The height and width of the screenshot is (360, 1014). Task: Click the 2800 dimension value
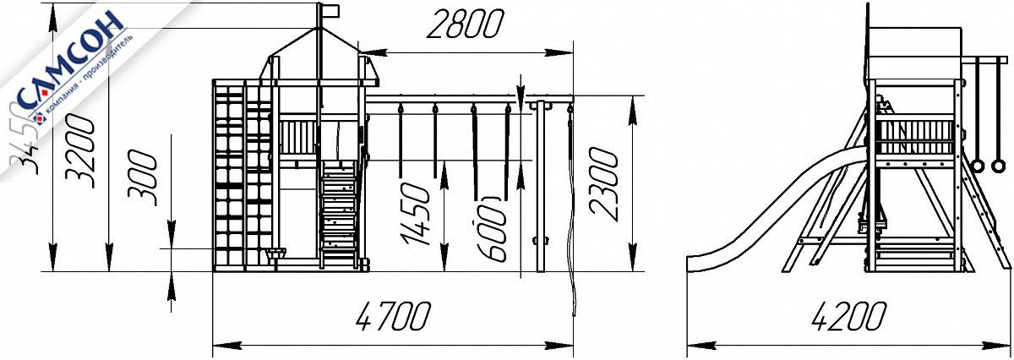point(464,26)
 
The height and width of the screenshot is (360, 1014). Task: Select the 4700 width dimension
point(394,317)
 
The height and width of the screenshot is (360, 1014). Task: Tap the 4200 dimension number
point(848,317)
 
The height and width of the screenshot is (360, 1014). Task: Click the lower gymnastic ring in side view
point(978,165)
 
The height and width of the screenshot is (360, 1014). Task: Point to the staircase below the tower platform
point(339,211)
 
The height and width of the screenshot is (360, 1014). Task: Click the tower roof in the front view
point(321,55)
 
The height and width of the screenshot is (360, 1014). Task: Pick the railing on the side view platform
point(917,135)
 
